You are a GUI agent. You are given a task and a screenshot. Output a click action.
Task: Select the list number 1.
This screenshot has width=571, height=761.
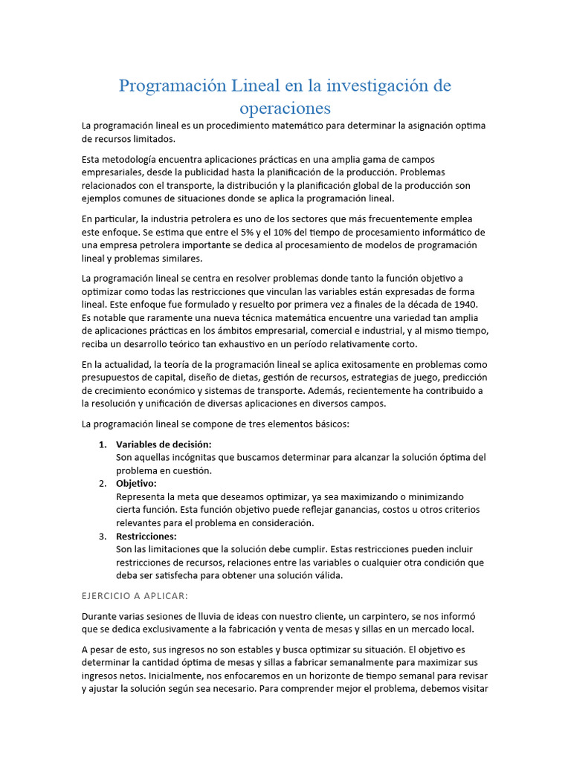[x=103, y=444]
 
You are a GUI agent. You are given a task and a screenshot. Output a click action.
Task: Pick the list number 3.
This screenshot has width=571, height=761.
[x=103, y=536]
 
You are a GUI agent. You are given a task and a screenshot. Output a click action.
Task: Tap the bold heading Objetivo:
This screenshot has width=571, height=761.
[x=136, y=483]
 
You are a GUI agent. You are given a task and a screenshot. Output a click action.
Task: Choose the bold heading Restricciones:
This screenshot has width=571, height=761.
[x=146, y=536]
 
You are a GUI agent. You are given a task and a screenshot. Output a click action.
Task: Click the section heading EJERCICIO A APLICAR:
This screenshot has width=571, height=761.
[x=135, y=595]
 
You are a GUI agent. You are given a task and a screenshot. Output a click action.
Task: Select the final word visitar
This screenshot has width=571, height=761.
[x=471, y=688]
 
